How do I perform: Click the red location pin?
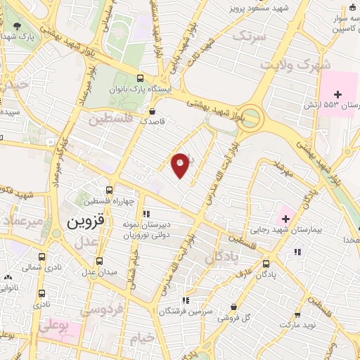(181, 165)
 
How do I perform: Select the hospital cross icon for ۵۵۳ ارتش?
(337, 94)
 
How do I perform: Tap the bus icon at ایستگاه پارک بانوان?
(140, 79)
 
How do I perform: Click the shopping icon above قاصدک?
(153, 110)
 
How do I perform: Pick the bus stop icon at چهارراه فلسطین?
(108, 190)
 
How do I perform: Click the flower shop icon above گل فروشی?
(233, 307)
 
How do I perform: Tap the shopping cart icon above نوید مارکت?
(297, 314)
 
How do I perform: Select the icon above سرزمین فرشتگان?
(185, 300)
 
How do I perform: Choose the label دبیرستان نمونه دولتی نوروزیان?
(167, 230)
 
